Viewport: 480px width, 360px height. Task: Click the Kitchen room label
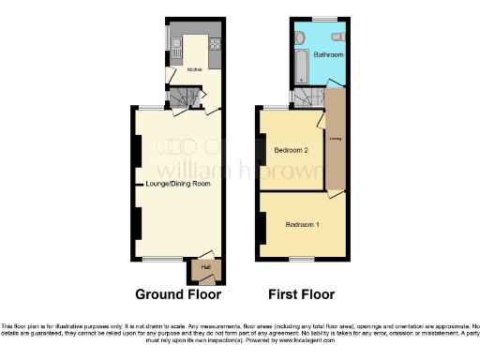click(194, 69)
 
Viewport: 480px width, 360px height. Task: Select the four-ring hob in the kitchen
click(215, 43)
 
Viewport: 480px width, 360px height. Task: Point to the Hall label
click(204, 269)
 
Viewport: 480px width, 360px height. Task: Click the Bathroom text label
click(329, 55)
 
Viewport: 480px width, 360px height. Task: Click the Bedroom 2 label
click(291, 151)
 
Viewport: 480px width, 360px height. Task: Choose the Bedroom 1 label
click(302, 225)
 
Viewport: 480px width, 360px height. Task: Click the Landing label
click(334, 141)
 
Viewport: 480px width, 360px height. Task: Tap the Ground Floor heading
click(178, 294)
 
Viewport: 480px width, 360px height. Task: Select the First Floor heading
click(301, 294)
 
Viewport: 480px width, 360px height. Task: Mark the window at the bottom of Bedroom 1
click(300, 258)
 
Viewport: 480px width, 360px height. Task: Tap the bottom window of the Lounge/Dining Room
click(156, 258)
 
